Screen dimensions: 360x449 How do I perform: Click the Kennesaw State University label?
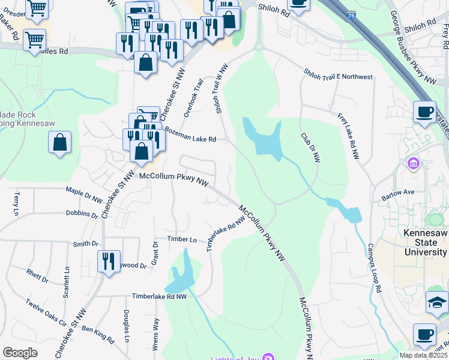(425, 242)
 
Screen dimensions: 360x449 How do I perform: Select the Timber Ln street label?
(182, 239)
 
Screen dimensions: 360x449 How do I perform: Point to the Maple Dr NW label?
(85, 196)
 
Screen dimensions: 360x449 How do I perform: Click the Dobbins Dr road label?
(82, 214)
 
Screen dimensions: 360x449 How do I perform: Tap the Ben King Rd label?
(98, 335)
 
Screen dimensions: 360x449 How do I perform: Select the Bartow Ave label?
(398, 192)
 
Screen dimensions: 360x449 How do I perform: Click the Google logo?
(20, 353)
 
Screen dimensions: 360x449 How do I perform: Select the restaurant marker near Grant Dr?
(109, 262)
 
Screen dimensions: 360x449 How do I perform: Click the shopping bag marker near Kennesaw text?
(59, 143)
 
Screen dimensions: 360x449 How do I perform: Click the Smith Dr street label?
(85, 244)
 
